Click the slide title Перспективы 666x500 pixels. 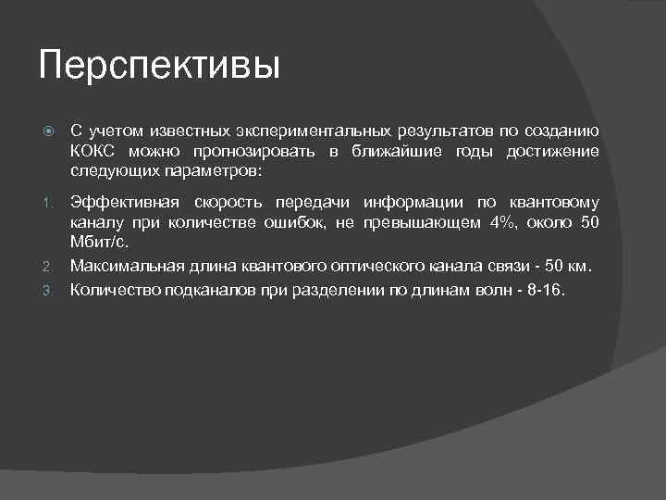[x=159, y=68]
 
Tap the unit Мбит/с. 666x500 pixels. [x=100, y=244]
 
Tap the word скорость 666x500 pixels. [x=228, y=203]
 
